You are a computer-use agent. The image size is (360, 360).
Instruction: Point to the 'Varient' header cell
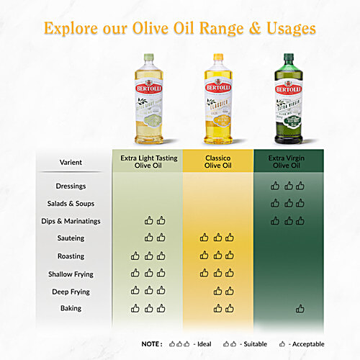(x=71, y=162)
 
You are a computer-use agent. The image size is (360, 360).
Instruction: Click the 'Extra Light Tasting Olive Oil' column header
(x=149, y=162)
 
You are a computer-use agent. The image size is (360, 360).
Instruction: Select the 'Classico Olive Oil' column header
(x=218, y=162)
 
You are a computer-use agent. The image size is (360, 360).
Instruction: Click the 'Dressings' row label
(x=71, y=186)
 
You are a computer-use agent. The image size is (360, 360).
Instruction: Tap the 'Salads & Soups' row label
(x=71, y=204)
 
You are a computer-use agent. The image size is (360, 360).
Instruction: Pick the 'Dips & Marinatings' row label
(x=71, y=221)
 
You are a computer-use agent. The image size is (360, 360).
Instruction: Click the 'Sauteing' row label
(x=71, y=238)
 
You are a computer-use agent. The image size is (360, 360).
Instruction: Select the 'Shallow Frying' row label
(x=71, y=274)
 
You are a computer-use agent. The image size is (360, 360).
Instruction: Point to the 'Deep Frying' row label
(x=71, y=292)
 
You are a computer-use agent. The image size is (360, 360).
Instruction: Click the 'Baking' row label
(x=71, y=308)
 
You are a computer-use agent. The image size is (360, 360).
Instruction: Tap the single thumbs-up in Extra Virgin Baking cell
(x=300, y=309)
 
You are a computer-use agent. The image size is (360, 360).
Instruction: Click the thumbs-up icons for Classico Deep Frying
(x=223, y=291)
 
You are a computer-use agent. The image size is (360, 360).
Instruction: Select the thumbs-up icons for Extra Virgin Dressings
(x=287, y=185)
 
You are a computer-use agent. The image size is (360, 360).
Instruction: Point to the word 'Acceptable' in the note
(x=308, y=344)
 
